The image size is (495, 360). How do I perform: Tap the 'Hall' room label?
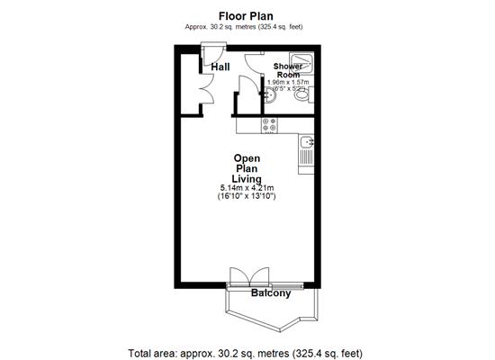point(220,67)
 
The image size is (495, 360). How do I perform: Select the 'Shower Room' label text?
point(288,71)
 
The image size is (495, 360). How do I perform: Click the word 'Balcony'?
point(270,293)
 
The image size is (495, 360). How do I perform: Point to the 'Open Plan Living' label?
point(247,168)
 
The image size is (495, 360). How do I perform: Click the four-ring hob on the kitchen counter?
point(267,127)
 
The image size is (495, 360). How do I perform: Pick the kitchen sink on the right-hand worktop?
point(307,141)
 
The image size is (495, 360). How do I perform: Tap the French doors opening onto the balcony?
point(249,276)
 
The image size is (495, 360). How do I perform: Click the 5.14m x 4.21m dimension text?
point(246,187)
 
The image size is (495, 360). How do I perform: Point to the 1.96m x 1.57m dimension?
point(288,82)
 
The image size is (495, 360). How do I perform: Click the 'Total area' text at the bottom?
point(247,351)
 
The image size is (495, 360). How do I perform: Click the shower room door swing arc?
point(246,90)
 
